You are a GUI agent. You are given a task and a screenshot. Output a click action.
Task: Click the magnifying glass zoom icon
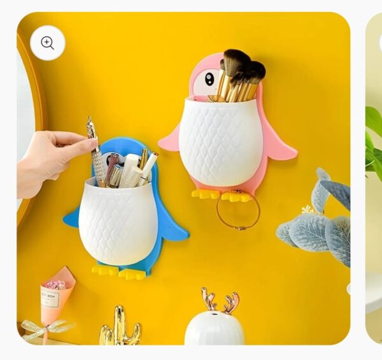coord(48,43)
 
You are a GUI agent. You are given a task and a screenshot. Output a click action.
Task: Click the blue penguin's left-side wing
coord(71,216)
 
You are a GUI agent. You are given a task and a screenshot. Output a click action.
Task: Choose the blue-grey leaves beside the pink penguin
coord(316,219)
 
